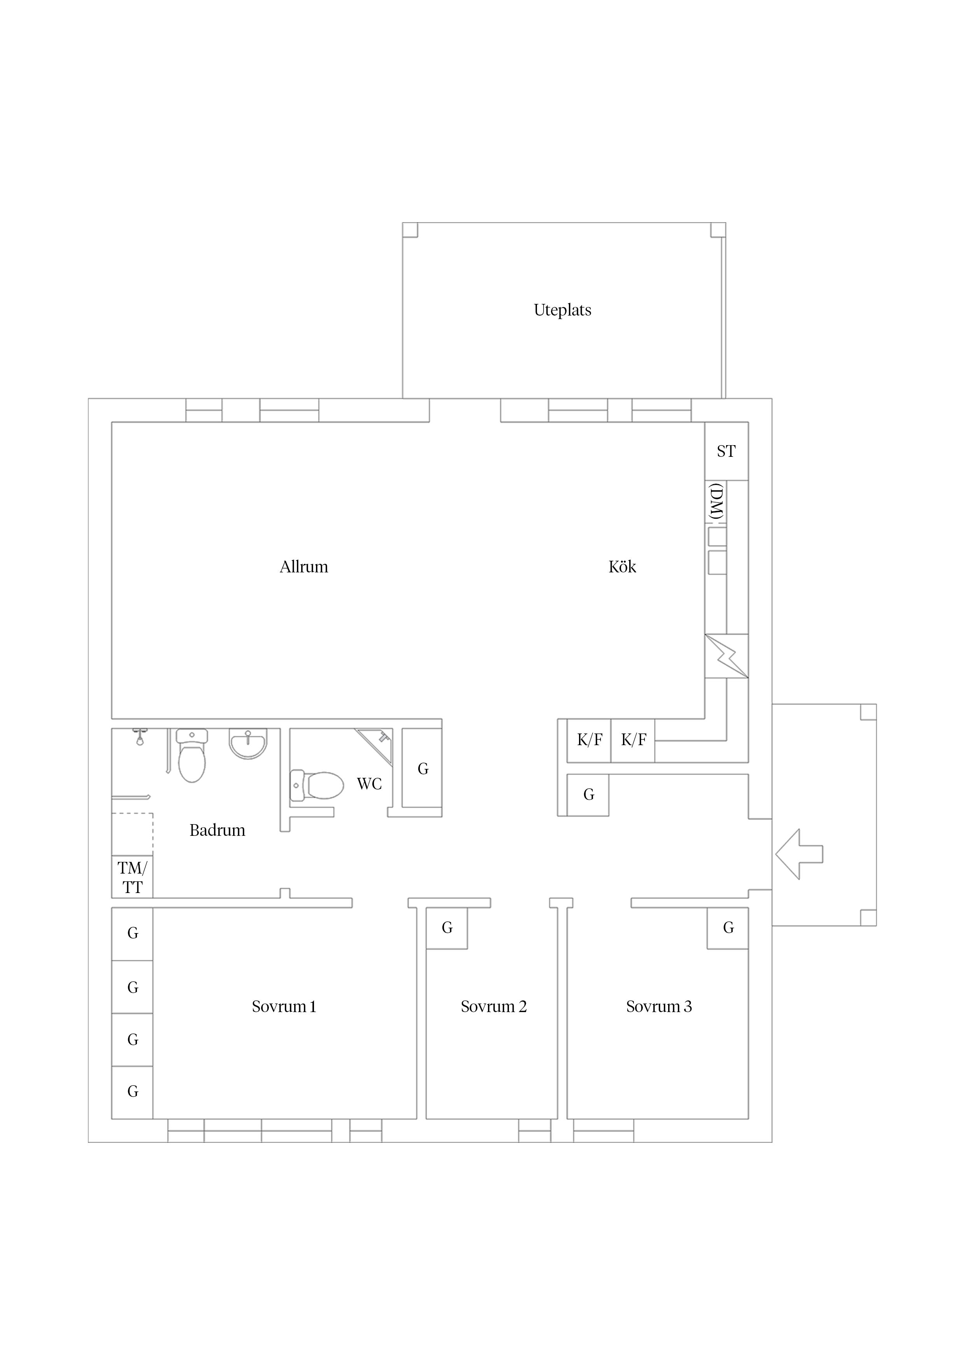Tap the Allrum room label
point(304,567)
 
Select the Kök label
point(622,567)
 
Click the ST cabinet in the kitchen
point(726,451)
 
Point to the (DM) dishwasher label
point(717,502)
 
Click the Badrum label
point(217,830)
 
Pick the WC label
point(369,784)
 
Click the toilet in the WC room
point(316,785)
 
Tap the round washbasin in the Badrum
point(248,744)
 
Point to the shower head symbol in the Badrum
point(140,737)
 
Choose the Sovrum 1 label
point(284,1007)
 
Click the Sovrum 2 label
point(493,1007)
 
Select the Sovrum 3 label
point(659,1007)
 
